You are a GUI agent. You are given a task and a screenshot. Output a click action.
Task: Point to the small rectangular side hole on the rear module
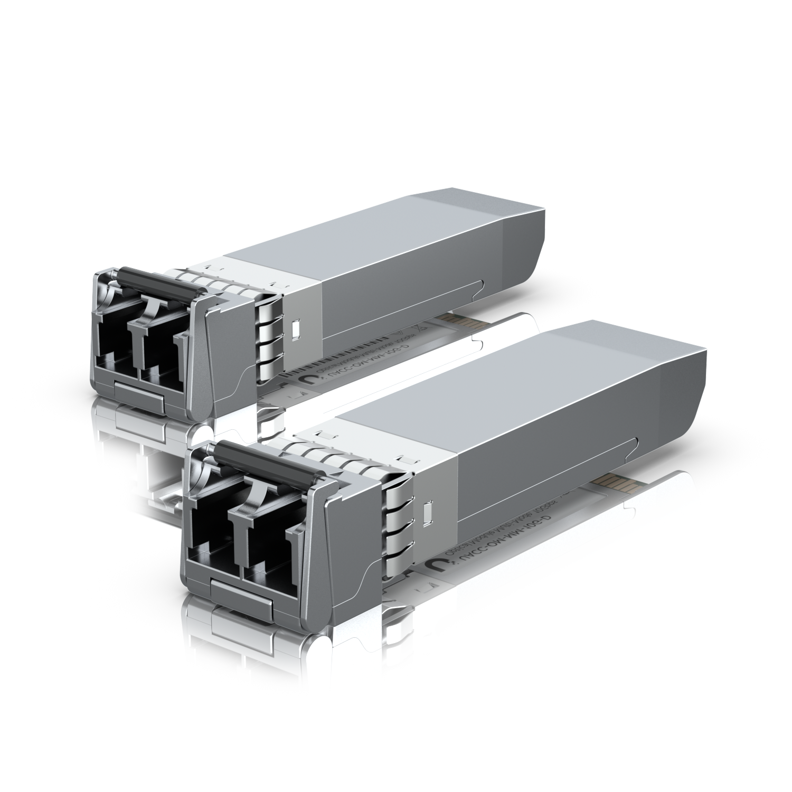296,328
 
